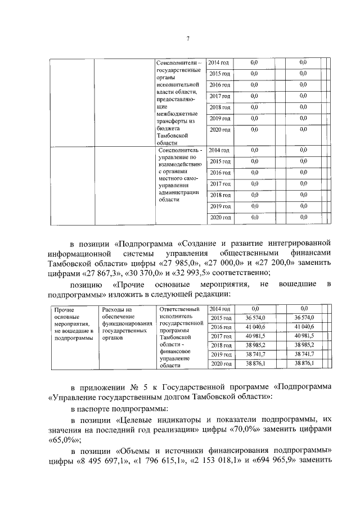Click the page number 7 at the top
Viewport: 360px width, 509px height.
tap(188, 38)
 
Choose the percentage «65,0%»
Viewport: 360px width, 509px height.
tap(64, 440)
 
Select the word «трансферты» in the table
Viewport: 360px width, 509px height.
tap(176, 121)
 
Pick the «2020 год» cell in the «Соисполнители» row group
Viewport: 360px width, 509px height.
tap(219, 130)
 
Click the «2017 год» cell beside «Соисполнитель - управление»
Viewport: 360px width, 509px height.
tap(219, 184)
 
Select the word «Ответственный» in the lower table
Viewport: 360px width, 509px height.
tap(180, 309)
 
